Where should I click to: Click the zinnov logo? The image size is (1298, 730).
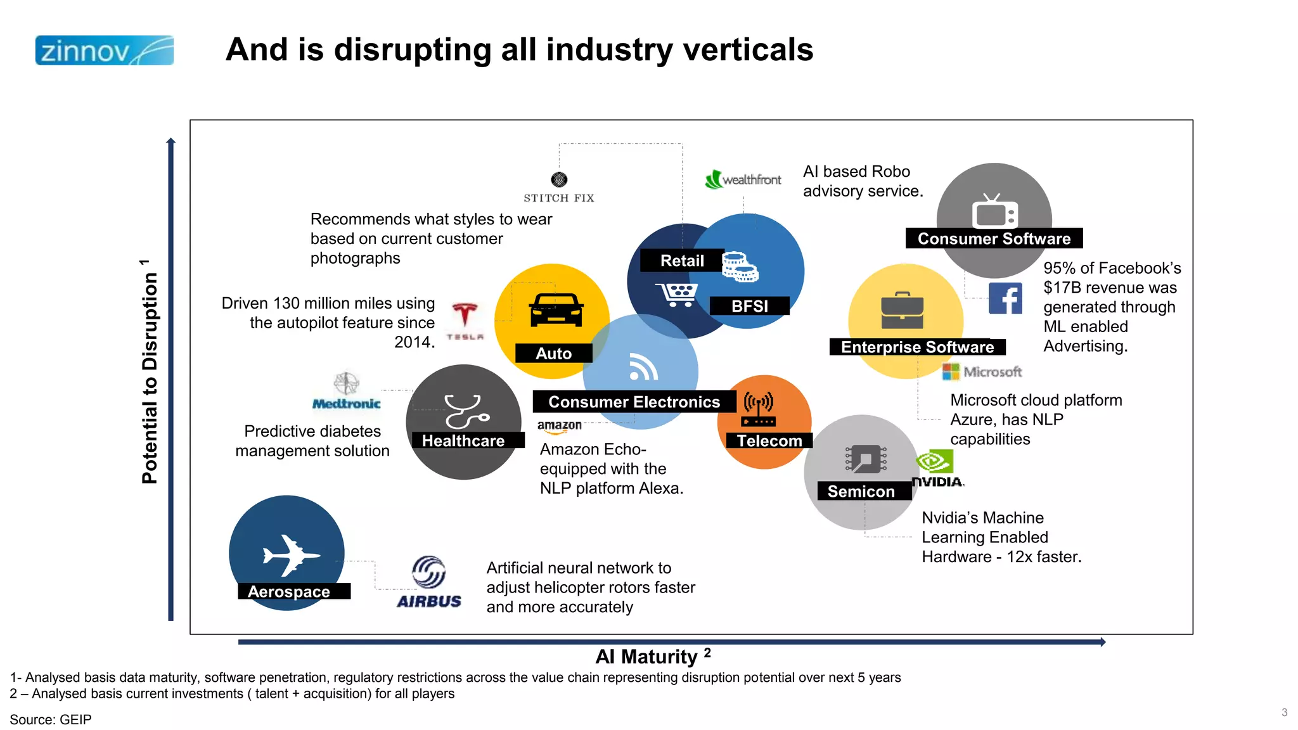[105, 51]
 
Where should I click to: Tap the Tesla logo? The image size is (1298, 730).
[465, 321]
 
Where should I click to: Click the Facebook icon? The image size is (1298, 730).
[1005, 298]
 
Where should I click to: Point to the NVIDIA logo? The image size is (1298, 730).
[937, 469]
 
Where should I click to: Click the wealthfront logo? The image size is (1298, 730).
[743, 179]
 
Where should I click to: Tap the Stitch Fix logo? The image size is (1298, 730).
[559, 188]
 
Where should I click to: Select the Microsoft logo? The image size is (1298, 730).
[982, 372]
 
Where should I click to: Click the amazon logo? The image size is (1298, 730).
[559, 426]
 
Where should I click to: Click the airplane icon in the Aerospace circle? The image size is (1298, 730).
[291, 556]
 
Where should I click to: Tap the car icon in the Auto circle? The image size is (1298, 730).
[556, 310]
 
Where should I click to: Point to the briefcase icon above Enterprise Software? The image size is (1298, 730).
[903, 311]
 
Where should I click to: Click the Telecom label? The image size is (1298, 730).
[769, 441]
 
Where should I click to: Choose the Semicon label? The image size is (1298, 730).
[861, 492]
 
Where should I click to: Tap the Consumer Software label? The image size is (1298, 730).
[994, 239]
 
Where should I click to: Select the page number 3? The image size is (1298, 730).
[1284, 712]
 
